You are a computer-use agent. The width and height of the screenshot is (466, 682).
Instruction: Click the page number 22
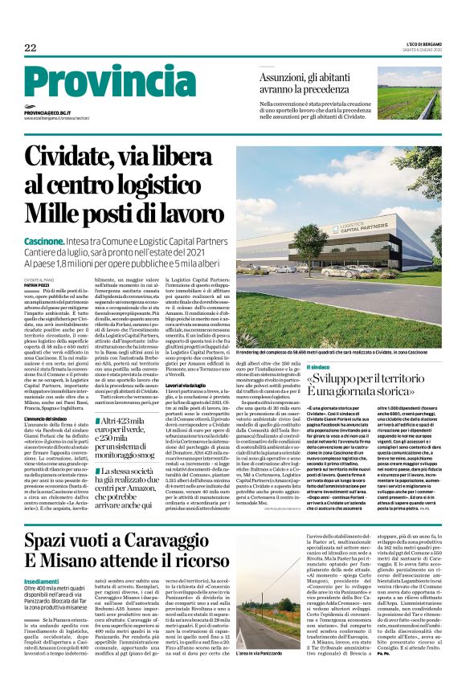click(30, 47)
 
